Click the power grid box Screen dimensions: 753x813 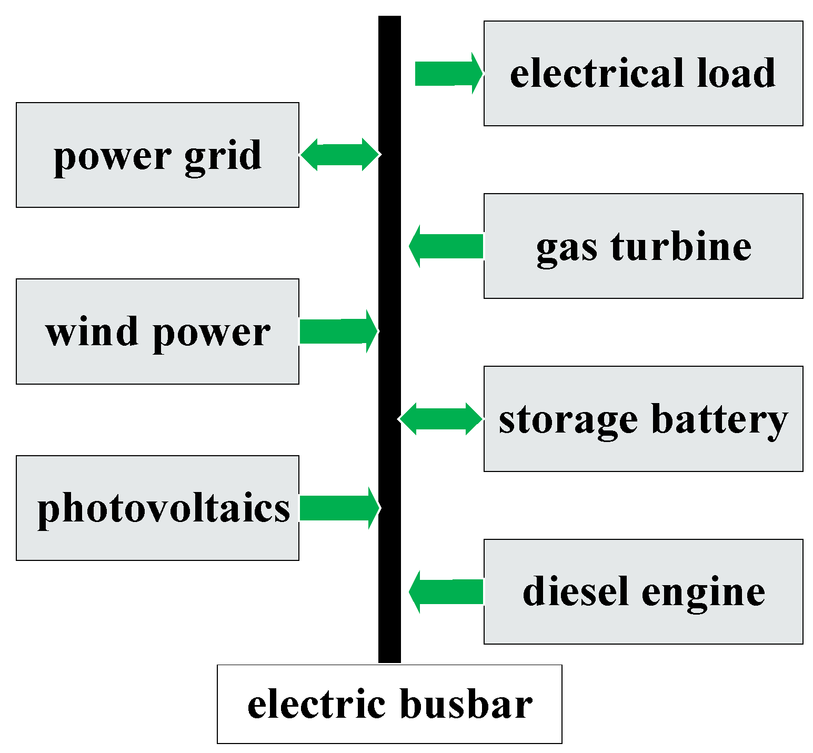point(157,155)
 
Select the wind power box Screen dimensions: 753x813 point(157,332)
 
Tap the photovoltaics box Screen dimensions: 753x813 point(157,508)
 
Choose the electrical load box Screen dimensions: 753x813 point(643,73)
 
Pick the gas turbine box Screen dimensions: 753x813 point(643,246)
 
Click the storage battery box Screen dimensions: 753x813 point(643,419)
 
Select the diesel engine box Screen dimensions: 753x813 point(643,591)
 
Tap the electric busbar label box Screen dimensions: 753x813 point(389,704)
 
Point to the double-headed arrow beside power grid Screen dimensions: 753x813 point(339,155)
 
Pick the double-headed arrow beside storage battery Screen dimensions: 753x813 point(441,419)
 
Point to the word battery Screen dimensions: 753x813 point(719,420)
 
